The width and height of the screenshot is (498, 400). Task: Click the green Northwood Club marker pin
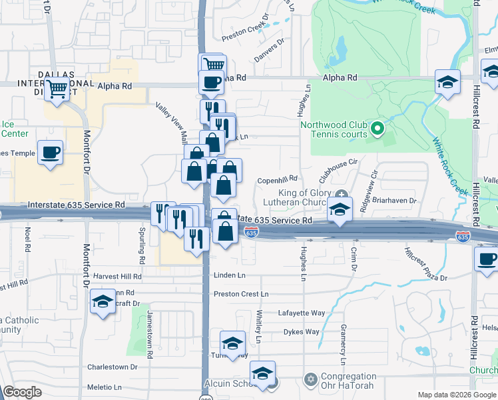click(377, 127)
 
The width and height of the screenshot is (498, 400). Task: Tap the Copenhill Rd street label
click(276, 179)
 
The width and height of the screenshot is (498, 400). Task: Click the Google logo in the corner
click(22, 392)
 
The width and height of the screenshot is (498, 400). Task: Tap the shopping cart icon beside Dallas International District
click(57, 87)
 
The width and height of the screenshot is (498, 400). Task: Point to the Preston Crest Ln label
click(241, 294)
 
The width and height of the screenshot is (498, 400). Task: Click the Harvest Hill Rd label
click(117, 276)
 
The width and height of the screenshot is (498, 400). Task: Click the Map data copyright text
click(456, 395)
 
